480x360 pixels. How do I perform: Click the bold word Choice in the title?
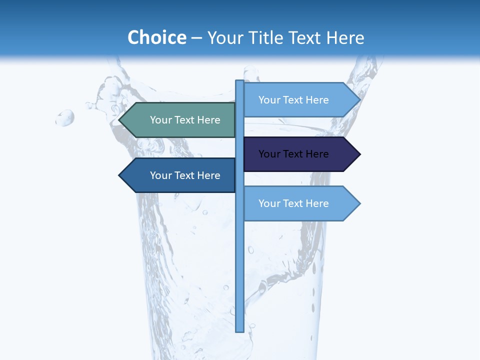tap(156, 37)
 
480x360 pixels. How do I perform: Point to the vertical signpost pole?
tap(239, 270)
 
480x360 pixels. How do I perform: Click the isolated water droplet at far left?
tap(65, 118)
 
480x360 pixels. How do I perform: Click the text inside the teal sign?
tap(185, 120)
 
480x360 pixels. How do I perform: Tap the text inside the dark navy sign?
tap(293, 154)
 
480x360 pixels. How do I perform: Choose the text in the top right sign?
tap(293, 100)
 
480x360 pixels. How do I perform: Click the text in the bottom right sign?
tap(293, 203)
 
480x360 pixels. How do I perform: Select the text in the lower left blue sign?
tap(185, 175)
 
